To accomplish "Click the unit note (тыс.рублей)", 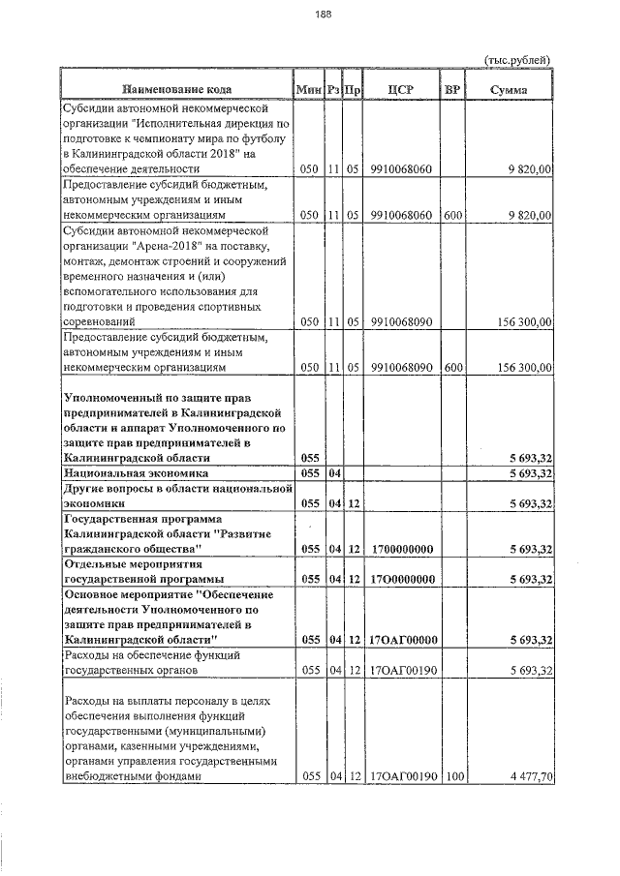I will [516, 61].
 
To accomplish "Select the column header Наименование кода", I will [177, 90].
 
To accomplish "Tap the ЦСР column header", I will [400, 90].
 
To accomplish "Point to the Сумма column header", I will [509, 90].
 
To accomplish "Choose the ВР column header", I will [451, 90].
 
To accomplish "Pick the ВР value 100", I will [451, 776].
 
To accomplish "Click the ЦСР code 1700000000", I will [400, 549].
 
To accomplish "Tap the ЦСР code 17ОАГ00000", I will [400, 640].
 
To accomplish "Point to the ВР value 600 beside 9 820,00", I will [451, 214].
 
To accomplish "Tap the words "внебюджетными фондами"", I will [131, 776].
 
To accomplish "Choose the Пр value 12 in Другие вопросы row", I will [354, 503].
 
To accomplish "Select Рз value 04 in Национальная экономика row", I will [333, 473].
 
